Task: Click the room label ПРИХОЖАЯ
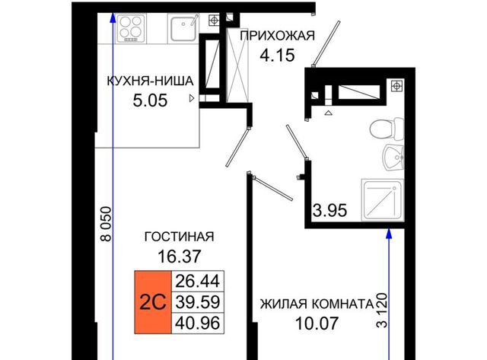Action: [x=277, y=36]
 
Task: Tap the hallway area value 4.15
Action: [x=277, y=56]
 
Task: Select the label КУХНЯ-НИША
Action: [x=151, y=81]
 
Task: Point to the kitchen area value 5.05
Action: [x=150, y=100]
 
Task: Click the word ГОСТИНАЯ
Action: [x=180, y=237]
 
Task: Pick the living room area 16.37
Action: [x=180, y=256]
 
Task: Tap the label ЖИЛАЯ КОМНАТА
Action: [x=317, y=304]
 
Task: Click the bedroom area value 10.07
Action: [x=317, y=323]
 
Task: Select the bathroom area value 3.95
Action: [x=329, y=210]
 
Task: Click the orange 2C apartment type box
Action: [x=153, y=302]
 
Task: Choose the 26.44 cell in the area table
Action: [x=198, y=281]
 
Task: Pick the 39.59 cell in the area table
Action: [x=198, y=302]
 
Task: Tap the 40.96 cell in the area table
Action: [x=198, y=323]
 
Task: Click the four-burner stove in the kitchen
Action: [x=131, y=28]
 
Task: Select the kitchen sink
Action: [x=183, y=28]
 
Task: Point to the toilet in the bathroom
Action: [x=387, y=129]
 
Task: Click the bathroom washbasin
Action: [x=393, y=158]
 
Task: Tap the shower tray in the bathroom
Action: [x=383, y=199]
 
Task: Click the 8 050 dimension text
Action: [x=106, y=224]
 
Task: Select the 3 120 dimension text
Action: [x=382, y=310]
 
